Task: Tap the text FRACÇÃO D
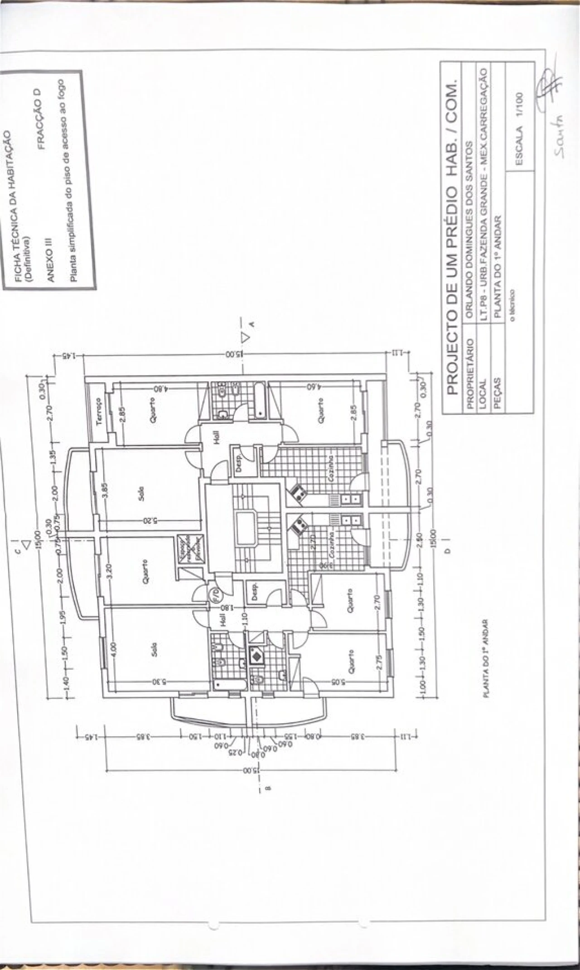click(41, 119)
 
